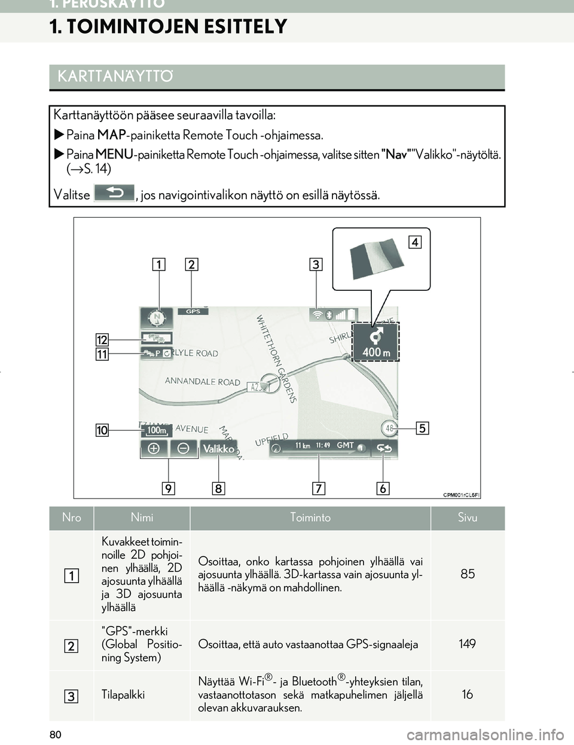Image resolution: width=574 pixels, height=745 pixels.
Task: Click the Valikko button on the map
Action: coord(219,449)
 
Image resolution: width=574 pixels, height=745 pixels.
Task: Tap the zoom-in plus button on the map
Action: coord(154,449)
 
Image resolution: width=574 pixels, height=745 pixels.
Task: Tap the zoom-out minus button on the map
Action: coord(184,449)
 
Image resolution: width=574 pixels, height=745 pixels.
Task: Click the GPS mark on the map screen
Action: coord(193,311)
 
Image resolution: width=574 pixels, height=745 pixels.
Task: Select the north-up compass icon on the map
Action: coord(157,317)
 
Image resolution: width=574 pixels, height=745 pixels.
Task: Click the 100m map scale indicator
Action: coord(157,430)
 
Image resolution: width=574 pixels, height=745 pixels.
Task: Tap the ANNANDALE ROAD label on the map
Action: coord(203,381)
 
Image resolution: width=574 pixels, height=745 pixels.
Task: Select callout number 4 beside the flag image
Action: coord(415,242)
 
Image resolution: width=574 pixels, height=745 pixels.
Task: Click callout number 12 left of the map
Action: coord(102,340)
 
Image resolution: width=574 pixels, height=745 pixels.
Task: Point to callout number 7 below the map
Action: coord(319,488)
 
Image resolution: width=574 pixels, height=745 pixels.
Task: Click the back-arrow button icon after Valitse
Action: coord(114,193)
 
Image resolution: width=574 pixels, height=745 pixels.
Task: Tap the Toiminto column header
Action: coord(310,518)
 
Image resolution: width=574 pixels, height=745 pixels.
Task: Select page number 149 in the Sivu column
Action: coord(467,644)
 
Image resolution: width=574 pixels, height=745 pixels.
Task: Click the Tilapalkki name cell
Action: coord(123,695)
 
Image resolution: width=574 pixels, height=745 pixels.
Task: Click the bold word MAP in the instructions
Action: coord(111,135)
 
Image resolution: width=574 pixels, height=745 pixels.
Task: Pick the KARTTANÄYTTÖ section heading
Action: coord(115,77)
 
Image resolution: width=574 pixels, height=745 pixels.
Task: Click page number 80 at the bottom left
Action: coord(56,734)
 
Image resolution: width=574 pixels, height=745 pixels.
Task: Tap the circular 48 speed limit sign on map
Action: coord(389,428)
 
